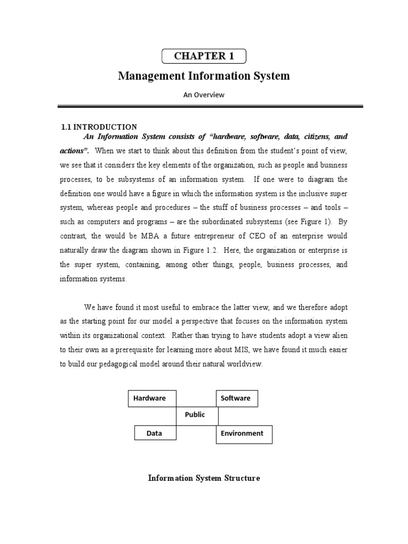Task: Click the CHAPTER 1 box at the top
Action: (x=204, y=56)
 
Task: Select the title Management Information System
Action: (x=204, y=76)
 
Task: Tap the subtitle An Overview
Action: (x=204, y=95)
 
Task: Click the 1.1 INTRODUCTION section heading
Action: (x=99, y=127)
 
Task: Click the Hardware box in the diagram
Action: (x=152, y=398)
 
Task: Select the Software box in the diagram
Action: (x=236, y=398)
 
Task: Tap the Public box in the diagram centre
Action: (x=195, y=415)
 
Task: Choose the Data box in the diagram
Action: (x=155, y=433)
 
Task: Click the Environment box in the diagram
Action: (x=243, y=433)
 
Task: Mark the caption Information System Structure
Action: (x=204, y=478)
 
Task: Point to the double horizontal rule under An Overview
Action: (x=210, y=107)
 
